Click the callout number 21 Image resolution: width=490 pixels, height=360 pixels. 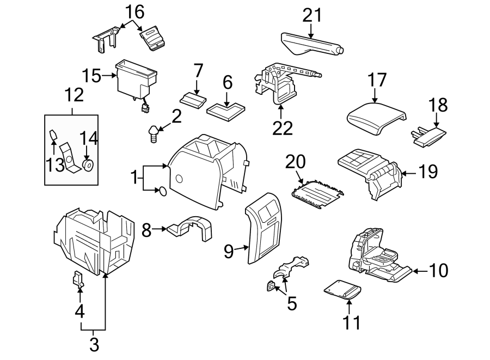313,15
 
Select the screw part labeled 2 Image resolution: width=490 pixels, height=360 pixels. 155,132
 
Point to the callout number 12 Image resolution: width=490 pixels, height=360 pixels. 74,95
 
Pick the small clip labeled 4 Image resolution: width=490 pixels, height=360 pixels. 78,279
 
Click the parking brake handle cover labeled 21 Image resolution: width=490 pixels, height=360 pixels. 310,44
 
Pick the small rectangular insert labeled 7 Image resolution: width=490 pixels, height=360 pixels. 193,99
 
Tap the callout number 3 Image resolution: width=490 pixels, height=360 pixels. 94,344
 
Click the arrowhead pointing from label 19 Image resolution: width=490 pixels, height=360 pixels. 404,172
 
